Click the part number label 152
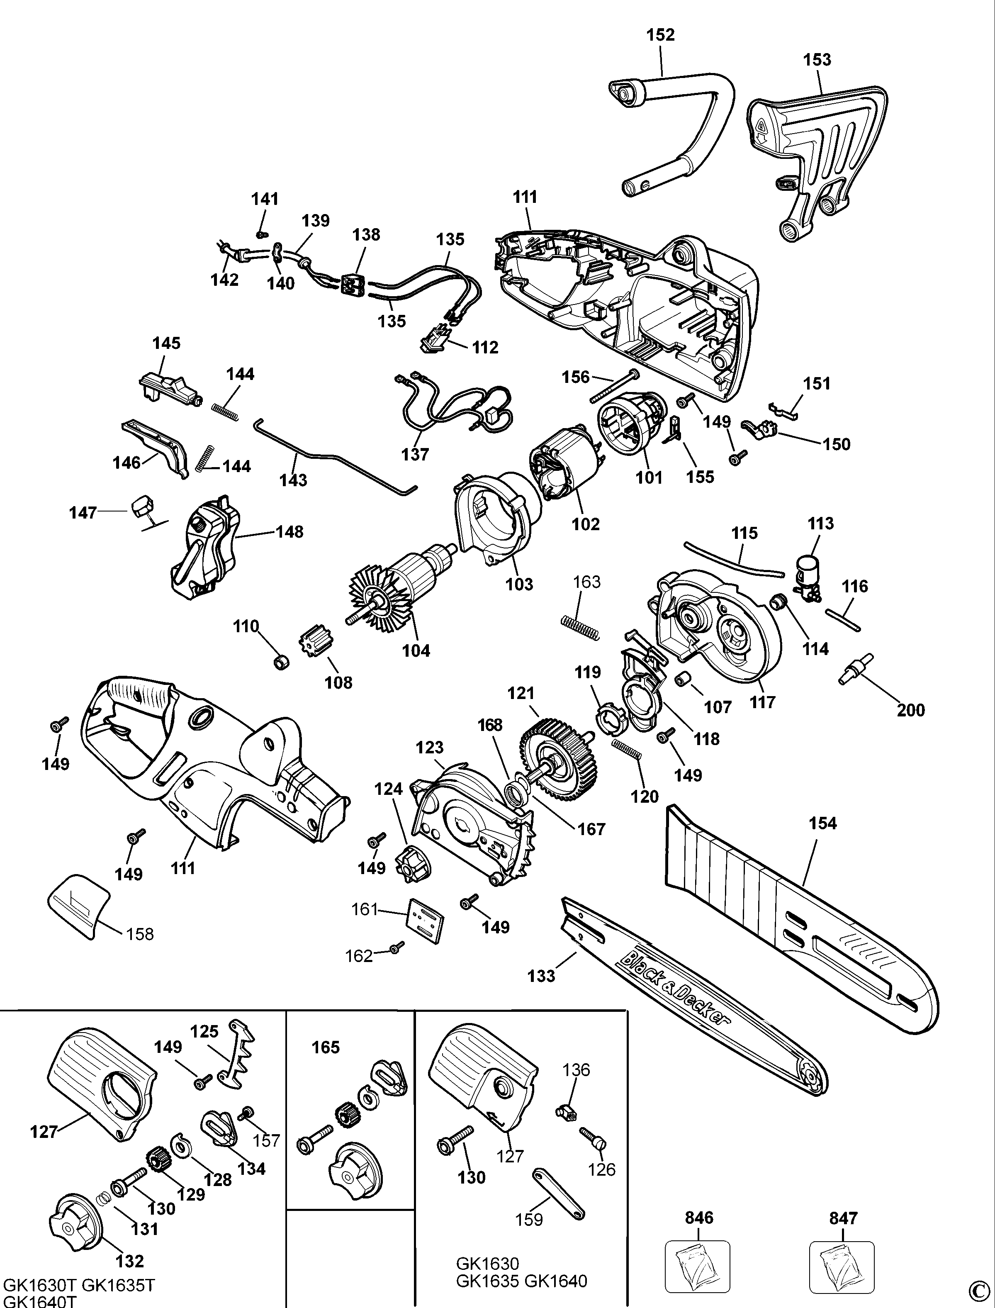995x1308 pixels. pos(660,35)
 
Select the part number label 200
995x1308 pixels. pos(910,710)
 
